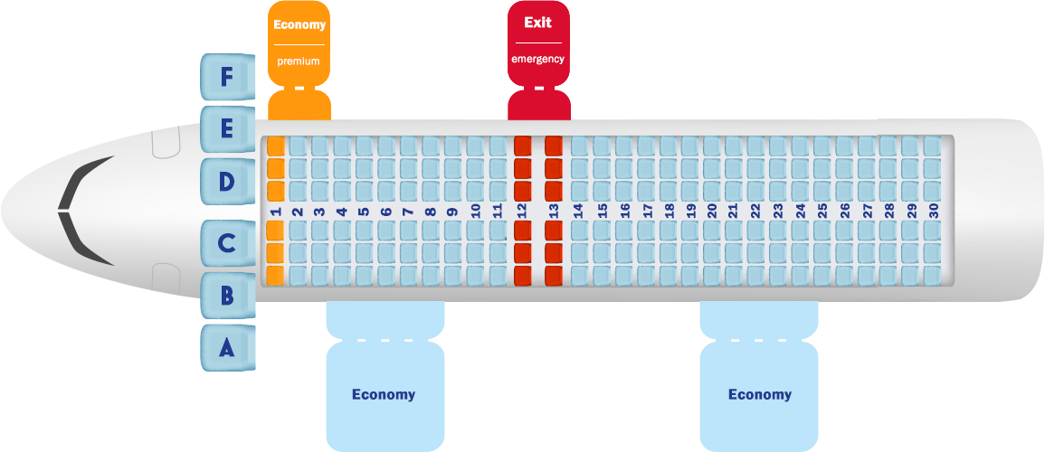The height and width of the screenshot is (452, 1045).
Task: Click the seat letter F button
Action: tap(227, 77)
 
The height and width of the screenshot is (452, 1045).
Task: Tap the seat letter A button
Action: tap(227, 346)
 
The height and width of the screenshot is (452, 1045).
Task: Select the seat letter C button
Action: tap(227, 243)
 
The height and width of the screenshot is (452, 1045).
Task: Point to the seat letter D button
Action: tap(227, 181)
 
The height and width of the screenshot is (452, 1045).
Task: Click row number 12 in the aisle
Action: tap(522, 211)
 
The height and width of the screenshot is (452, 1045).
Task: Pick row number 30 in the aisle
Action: tap(933, 211)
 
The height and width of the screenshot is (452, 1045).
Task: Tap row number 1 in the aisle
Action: tap(276, 211)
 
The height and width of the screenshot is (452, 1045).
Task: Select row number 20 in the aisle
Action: tap(712, 211)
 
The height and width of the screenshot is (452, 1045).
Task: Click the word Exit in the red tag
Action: tap(537, 23)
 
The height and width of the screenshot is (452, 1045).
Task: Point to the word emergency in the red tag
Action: tap(537, 59)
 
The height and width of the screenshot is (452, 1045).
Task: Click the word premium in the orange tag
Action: tap(299, 60)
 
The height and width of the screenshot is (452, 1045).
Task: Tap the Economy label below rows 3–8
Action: tap(384, 394)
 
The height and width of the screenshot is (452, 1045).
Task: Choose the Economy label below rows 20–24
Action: tap(760, 394)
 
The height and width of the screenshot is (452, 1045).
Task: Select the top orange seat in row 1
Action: tap(276, 146)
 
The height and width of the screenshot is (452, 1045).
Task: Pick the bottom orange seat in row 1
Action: tap(276, 274)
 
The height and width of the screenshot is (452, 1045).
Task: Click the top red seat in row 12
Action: tap(522, 146)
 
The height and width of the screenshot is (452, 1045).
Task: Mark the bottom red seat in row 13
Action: tap(554, 274)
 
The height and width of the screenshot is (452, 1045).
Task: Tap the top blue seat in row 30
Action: tap(933, 146)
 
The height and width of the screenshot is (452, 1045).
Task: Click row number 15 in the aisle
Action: tap(602, 211)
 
